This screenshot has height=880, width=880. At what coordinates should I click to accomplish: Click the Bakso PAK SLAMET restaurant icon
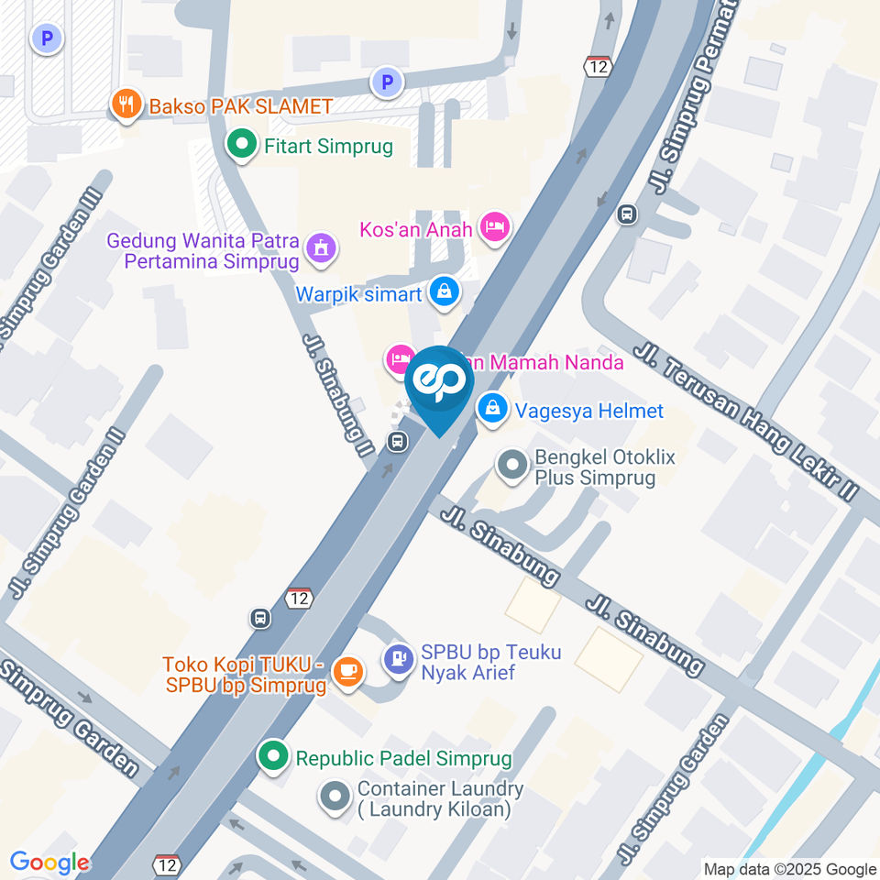click(x=126, y=105)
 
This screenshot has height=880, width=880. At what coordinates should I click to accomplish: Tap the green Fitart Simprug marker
click(x=241, y=145)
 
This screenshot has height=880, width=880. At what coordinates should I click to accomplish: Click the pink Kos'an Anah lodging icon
click(x=495, y=226)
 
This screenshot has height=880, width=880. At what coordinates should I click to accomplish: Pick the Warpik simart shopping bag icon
click(x=445, y=292)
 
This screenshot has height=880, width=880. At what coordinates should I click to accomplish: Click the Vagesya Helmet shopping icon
click(x=493, y=410)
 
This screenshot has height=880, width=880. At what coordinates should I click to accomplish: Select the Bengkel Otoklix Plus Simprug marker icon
click(x=511, y=465)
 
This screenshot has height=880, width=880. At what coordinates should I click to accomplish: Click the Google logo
click(x=49, y=863)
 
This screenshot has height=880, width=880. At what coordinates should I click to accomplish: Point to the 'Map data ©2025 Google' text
click(x=789, y=869)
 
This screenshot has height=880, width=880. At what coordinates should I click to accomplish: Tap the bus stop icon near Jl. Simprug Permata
click(x=627, y=214)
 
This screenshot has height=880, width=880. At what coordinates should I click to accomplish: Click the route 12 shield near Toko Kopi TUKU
click(x=299, y=598)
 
